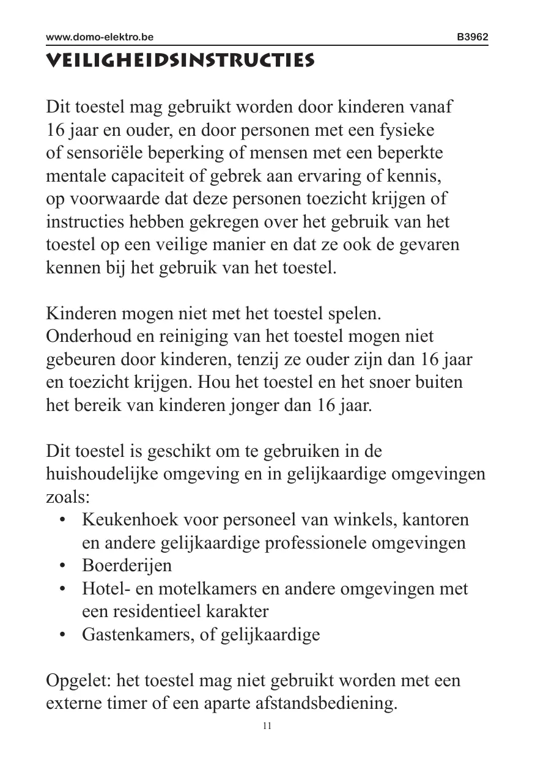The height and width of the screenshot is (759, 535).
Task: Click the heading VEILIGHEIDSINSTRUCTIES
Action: pos(180,61)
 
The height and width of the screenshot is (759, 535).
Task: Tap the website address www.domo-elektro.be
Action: pos(100,37)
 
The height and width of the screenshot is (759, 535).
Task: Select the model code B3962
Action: pos(473,37)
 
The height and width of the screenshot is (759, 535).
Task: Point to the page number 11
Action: pos(267,726)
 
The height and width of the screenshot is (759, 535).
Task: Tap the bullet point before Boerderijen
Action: pos(62,566)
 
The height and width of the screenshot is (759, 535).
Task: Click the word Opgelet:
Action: pos(78,681)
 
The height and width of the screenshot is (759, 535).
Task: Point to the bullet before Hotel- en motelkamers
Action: pos(62,589)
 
